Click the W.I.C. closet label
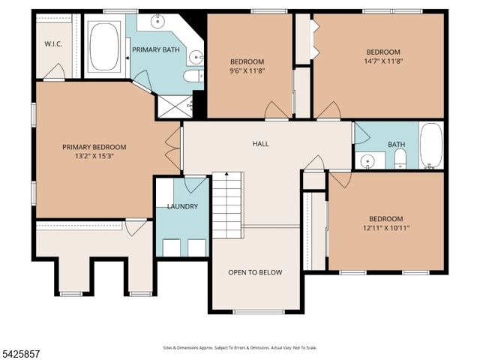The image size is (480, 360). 52,44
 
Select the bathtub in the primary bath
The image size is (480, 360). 106,47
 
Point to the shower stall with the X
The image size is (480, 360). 170,106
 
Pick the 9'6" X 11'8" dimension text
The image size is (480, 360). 247,70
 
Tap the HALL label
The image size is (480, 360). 260,144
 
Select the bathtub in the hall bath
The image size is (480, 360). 430,145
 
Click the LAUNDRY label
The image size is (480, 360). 182,206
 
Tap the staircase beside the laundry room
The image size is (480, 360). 226,204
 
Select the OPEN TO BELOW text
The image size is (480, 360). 255,272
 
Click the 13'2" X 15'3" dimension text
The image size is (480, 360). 94,157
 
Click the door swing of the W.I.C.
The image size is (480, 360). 54,72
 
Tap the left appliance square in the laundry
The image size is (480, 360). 170,247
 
